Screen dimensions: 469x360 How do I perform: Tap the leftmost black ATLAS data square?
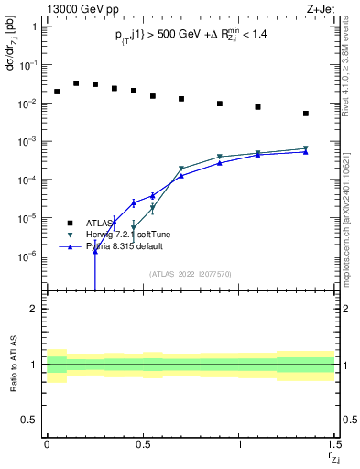[x=57, y=92]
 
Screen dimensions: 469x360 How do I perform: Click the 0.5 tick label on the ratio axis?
[x=28, y=420]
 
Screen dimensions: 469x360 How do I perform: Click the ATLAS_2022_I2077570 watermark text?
[x=190, y=274]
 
